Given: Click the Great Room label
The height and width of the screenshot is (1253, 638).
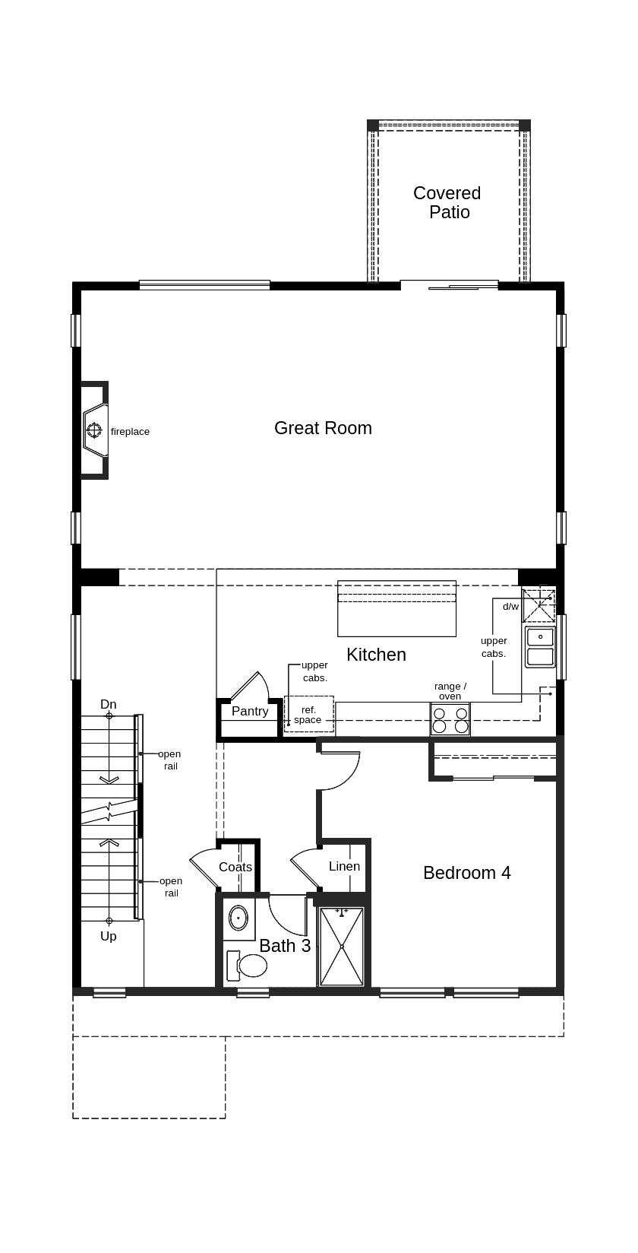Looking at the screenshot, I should coord(323,428).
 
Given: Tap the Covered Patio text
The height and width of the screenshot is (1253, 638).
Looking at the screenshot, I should coord(447,202).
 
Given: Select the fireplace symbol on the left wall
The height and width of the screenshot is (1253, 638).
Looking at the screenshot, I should coord(94,431).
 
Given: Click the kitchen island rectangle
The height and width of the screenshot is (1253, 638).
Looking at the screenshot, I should coord(396,608).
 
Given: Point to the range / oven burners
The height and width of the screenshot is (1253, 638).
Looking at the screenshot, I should coord(450,719).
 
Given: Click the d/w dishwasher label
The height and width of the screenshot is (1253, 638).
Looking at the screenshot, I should coord(510,607).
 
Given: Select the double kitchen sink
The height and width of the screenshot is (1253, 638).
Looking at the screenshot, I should coord(540,647).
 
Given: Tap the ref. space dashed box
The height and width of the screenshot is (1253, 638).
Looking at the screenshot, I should coord(308,715).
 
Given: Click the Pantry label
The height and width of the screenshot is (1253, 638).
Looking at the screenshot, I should coord(250,712).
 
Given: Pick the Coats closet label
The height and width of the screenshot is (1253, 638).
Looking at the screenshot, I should coord(235,867).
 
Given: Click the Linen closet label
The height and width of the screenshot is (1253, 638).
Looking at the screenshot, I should coord(344,866).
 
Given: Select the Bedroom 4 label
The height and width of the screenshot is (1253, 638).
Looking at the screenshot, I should coord(466,873).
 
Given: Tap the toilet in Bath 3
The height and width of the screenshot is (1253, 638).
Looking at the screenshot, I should coord(249,966).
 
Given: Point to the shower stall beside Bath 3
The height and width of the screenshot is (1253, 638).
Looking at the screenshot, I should coord(342,947).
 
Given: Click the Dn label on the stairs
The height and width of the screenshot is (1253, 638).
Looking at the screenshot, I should coord(109,705).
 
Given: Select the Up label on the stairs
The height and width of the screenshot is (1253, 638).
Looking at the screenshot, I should coord(109,937).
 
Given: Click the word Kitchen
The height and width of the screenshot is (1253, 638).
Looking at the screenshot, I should coord(376,655).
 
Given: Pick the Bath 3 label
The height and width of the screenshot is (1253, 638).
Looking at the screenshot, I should coord(285,946).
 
